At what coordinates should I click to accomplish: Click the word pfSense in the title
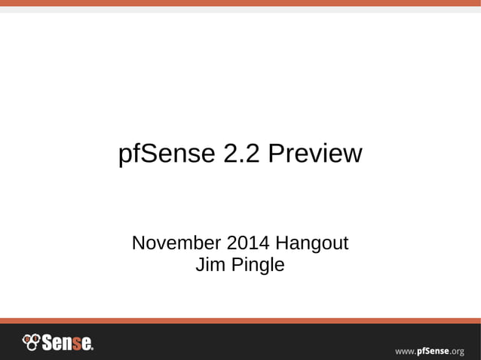pyautogui.click(x=167, y=154)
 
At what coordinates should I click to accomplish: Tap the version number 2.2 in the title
pyautogui.click(x=242, y=154)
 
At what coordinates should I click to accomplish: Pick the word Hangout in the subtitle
pyautogui.click(x=311, y=244)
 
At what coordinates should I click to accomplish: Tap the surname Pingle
pyautogui.click(x=256, y=266)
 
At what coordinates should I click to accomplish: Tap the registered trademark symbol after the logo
pyautogui.click(x=92, y=349)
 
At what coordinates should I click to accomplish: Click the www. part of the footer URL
pyautogui.click(x=406, y=351)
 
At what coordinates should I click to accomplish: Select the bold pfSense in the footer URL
pyautogui.click(x=433, y=350)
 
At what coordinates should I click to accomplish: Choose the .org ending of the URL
pyautogui.click(x=457, y=351)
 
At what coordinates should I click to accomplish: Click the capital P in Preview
pyautogui.click(x=276, y=154)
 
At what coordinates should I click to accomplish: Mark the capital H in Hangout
pyautogui.click(x=282, y=244)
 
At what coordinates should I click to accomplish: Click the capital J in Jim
pyautogui.click(x=199, y=265)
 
